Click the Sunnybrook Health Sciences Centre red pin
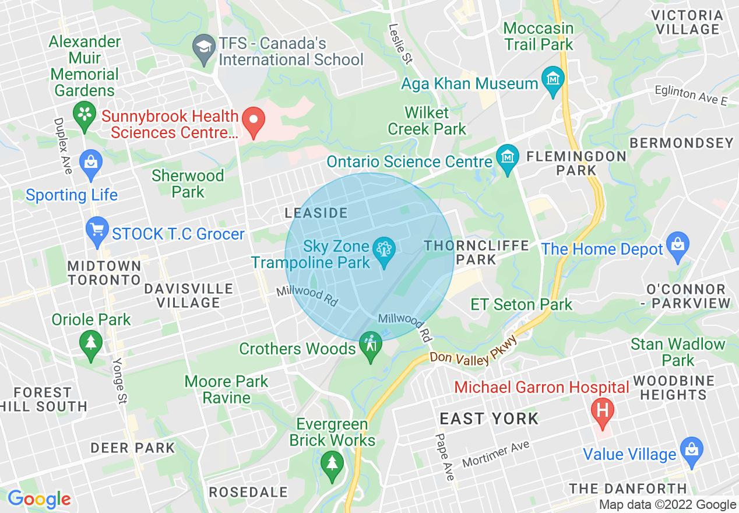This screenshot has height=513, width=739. coord(254,120)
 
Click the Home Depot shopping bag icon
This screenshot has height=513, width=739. coord(677,245)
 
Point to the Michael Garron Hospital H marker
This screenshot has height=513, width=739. coord(603,410)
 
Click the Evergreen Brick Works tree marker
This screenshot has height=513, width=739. coord(332,465)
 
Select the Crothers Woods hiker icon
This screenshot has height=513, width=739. coord(371,345)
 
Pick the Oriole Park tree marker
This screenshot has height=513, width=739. coord(90,343)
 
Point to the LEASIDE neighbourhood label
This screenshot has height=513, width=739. coord(316,213)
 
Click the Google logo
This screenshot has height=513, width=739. coord(39,500)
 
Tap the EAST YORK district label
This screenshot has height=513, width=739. coord(489,419)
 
